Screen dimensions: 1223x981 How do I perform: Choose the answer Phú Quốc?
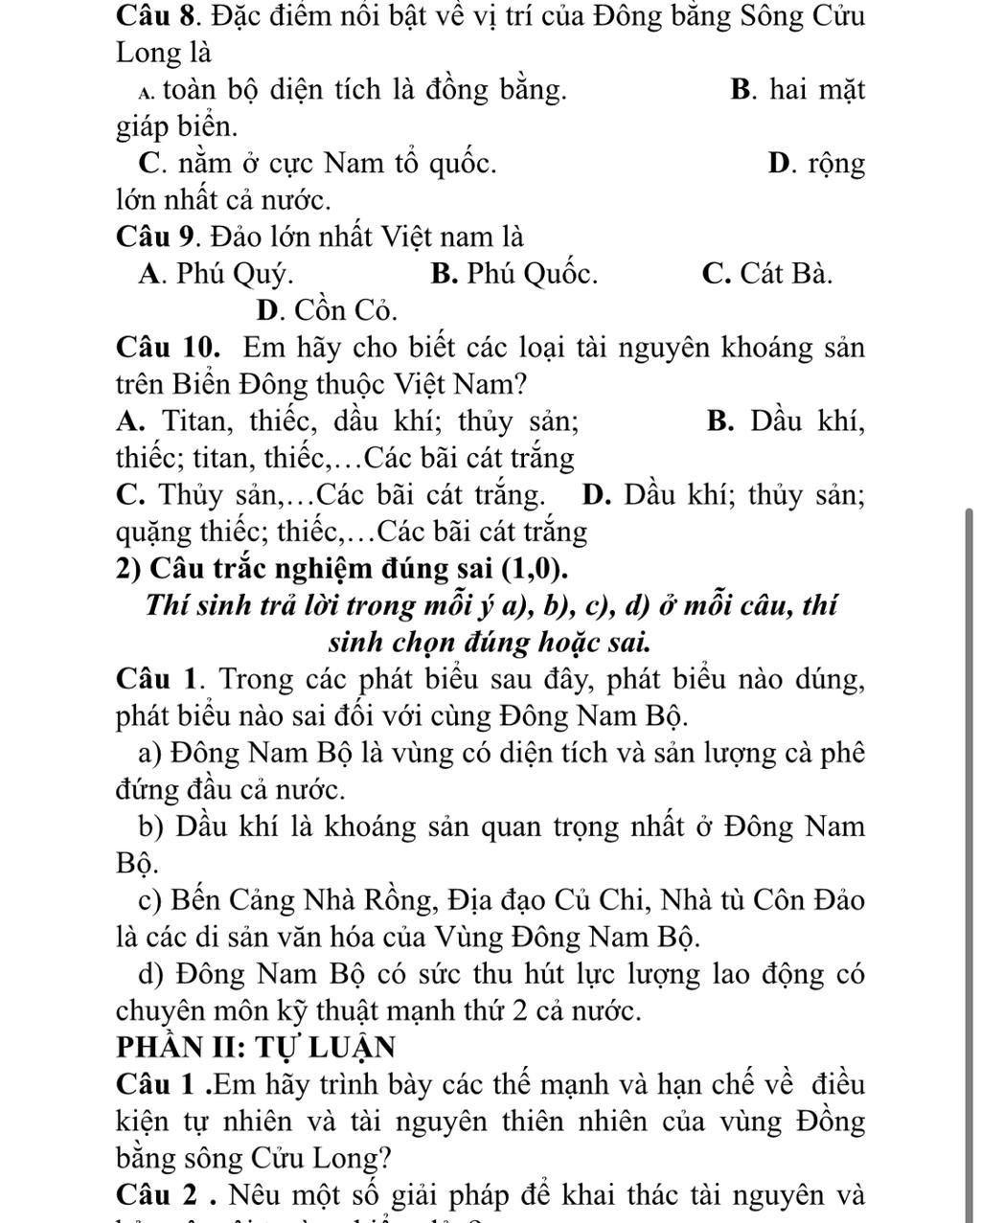(514, 274)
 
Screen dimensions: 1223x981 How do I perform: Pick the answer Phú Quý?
(216, 274)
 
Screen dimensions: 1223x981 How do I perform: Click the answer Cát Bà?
(766, 274)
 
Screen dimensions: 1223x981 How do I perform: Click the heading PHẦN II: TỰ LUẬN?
(257, 1046)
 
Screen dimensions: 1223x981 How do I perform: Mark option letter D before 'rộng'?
(780, 164)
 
